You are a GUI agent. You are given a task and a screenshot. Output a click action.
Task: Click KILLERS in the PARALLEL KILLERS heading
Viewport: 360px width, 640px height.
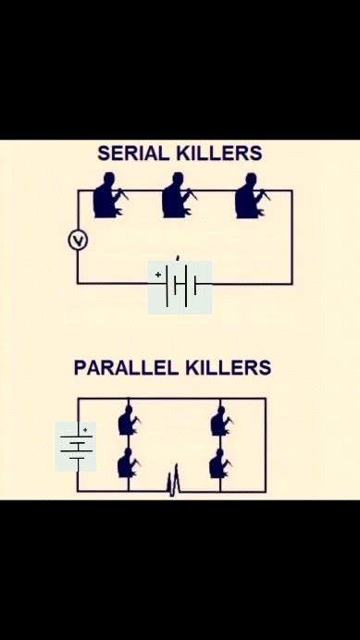click(x=228, y=368)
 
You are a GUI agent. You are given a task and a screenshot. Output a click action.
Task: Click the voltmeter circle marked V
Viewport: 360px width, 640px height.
click(x=78, y=240)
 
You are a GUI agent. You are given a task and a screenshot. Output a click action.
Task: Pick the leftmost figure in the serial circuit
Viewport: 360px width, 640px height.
click(x=108, y=196)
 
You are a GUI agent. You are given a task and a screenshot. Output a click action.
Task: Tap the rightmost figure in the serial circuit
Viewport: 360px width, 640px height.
click(x=248, y=196)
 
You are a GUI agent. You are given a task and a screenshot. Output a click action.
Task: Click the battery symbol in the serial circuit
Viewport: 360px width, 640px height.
click(x=180, y=287)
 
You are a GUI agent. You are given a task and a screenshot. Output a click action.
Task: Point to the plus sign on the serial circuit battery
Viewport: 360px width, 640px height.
click(x=158, y=275)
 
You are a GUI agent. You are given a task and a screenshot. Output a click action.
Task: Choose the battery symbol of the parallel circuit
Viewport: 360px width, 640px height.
click(x=76, y=446)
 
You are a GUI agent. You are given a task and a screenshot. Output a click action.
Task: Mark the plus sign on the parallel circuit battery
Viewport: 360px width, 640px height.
click(x=85, y=430)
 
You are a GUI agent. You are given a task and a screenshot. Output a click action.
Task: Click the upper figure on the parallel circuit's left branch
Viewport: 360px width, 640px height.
click(x=129, y=422)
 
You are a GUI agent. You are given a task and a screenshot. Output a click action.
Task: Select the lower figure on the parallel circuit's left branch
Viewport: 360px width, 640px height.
click(x=129, y=463)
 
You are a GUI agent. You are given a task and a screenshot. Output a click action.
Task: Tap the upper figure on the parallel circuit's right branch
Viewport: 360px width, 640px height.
click(x=220, y=422)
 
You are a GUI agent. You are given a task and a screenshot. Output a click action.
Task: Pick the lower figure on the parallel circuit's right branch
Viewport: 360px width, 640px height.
click(x=220, y=463)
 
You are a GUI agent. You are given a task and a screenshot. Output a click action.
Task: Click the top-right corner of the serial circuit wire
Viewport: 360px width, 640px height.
click(x=292, y=191)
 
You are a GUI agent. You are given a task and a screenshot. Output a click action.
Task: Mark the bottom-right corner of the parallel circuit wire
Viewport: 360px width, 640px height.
click(x=266, y=491)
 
